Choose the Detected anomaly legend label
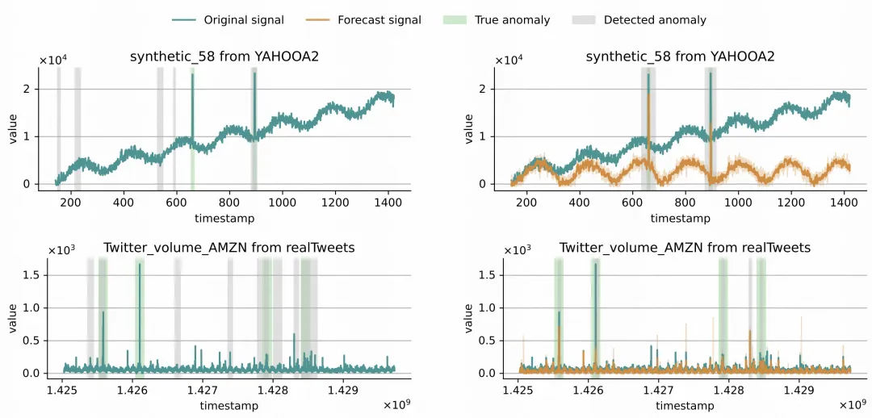(x=655, y=19)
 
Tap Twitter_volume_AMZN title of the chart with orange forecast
(x=685, y=247)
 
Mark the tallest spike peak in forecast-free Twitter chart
(x=139, y=265)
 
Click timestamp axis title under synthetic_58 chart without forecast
(x=224, y=218)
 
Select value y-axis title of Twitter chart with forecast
(x=469, y=317)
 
